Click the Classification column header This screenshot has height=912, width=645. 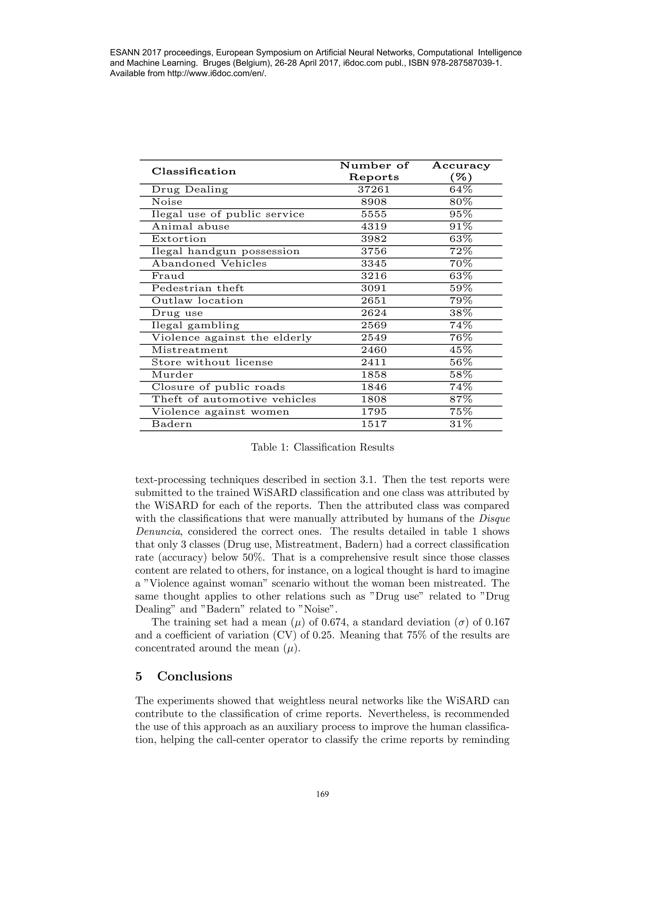193,172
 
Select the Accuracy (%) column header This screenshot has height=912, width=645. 461,171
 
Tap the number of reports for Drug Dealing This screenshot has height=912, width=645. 374,190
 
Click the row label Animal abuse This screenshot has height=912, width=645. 190,227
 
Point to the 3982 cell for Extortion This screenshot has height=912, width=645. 374,239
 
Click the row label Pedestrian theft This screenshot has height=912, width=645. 197,288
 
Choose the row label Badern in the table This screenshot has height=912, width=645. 172,424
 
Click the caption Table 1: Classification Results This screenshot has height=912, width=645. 322,448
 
